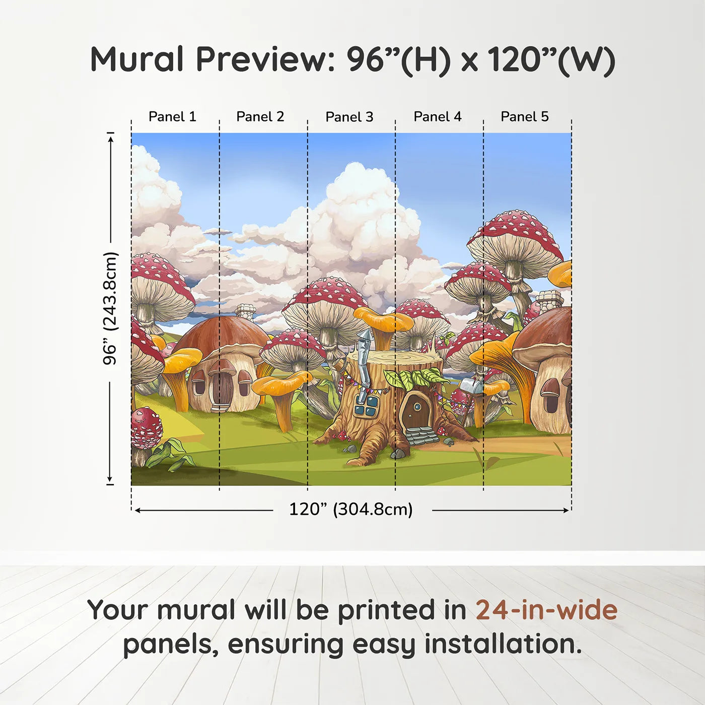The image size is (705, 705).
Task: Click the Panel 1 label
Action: [x=172, y=117]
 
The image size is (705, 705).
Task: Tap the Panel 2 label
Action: [x=260, y=117]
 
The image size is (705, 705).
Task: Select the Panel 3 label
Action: [x=349, y=117]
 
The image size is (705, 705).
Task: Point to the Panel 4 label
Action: [x=438, y=117]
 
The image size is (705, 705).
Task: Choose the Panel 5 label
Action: [x=525, y=117]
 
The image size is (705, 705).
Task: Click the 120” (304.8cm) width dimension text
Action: [x=351, y=509]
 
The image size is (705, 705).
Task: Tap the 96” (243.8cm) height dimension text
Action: [x=110, y=308]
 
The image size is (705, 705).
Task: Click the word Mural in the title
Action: [x=137, y=59]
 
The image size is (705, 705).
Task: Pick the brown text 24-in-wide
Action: [x=546, y=610]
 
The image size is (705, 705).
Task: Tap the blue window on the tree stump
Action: [x=367, y=406]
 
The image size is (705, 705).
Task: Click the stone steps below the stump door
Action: [x=421, y=436]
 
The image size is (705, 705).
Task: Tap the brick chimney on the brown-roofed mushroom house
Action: [x=246, y=312]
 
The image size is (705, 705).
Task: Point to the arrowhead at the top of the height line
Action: [x=111, y=138]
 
